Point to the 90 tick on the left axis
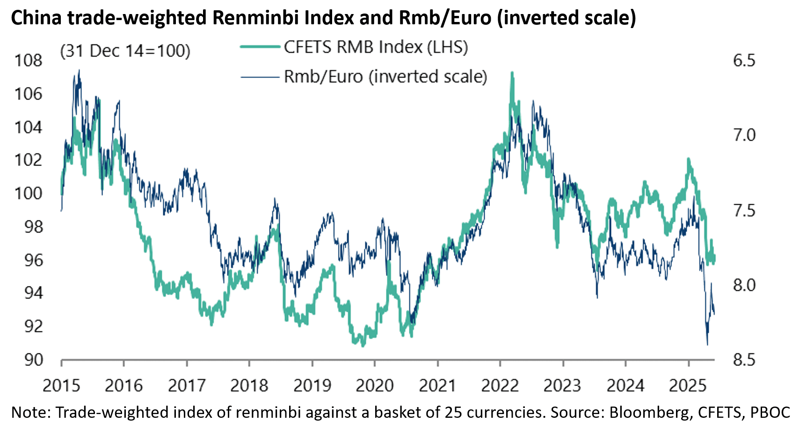pyautogui.click(x=33, y=360)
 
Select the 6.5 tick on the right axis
pyautogui.click(x=744, y=61)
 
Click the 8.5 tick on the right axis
pyautogui.click(x=744, y=360)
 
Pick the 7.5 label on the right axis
pyautogui.click(x=744, y=210)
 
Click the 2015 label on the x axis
pyautogui.click(x=61, y=386)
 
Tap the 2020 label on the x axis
pyautogui.click(x=375, y=386)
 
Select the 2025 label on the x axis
pyautogui.click(x=688, y=386)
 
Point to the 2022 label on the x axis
pyautogui.click(x=500, y=386)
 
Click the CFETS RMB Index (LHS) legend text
pyautogui.click(x=376, y=47)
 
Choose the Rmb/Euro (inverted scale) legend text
pyautogui.click(x=385, y=77)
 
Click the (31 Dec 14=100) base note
pyautogui.click(x=125, y=51)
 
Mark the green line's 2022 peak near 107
pyautogui.click(x=512, y=73)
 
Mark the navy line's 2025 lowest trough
pyautogui.click(x=707, y=345)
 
